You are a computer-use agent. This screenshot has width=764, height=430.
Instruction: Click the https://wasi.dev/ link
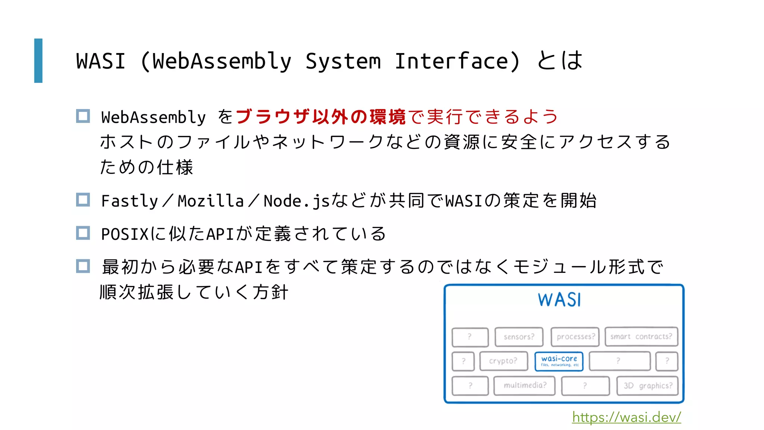pos(626,417)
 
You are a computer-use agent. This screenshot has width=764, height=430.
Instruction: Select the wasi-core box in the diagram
pos(559,361)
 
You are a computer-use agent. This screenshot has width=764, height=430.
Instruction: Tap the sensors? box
pos(519,337)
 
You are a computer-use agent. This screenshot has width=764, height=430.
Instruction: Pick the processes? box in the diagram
pos(575,337)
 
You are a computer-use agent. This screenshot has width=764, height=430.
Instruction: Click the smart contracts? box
pos(641,337)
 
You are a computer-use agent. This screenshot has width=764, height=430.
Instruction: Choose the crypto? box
pos(504,361)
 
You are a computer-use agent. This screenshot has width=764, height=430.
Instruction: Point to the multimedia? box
pos(525,385)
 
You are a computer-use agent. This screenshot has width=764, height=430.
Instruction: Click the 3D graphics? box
pos(648,386)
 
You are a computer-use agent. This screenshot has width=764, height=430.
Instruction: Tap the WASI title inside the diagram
pos(559,300)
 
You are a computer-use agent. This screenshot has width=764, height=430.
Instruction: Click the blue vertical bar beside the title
pos(38,60)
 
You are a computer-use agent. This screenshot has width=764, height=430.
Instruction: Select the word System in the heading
pos(343,61)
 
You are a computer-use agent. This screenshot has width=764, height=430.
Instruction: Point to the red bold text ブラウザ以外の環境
pos(320,117)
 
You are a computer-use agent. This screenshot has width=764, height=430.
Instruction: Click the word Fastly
pos(130,201)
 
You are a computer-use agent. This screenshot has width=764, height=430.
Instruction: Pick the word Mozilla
pos(211,201)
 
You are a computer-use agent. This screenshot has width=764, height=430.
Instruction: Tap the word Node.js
pos(297,201)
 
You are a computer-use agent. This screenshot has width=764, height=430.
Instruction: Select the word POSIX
pos(125,234)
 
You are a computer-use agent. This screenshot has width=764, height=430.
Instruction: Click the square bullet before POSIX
pos(83,233)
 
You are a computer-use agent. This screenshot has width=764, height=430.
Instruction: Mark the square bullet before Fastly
pos(83,200)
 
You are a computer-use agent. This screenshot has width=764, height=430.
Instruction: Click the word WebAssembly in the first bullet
pos(153,117)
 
